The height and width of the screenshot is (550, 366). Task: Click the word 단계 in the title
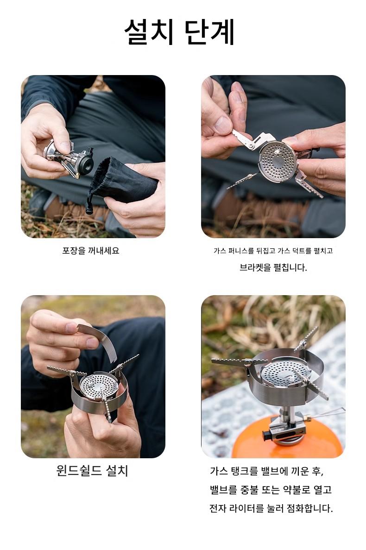[210, 32]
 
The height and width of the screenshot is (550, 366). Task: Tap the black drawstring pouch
[123, 183]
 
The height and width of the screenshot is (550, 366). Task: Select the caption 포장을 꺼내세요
[91, 251]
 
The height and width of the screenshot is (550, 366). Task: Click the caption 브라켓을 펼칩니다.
[273, 268]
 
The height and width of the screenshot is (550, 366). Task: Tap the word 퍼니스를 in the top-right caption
[241, 251]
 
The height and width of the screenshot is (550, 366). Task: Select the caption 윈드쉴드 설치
[92, 470]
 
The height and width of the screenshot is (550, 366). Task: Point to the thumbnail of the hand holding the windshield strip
[72, 329]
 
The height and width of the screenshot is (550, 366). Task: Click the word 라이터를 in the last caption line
[246, 508]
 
